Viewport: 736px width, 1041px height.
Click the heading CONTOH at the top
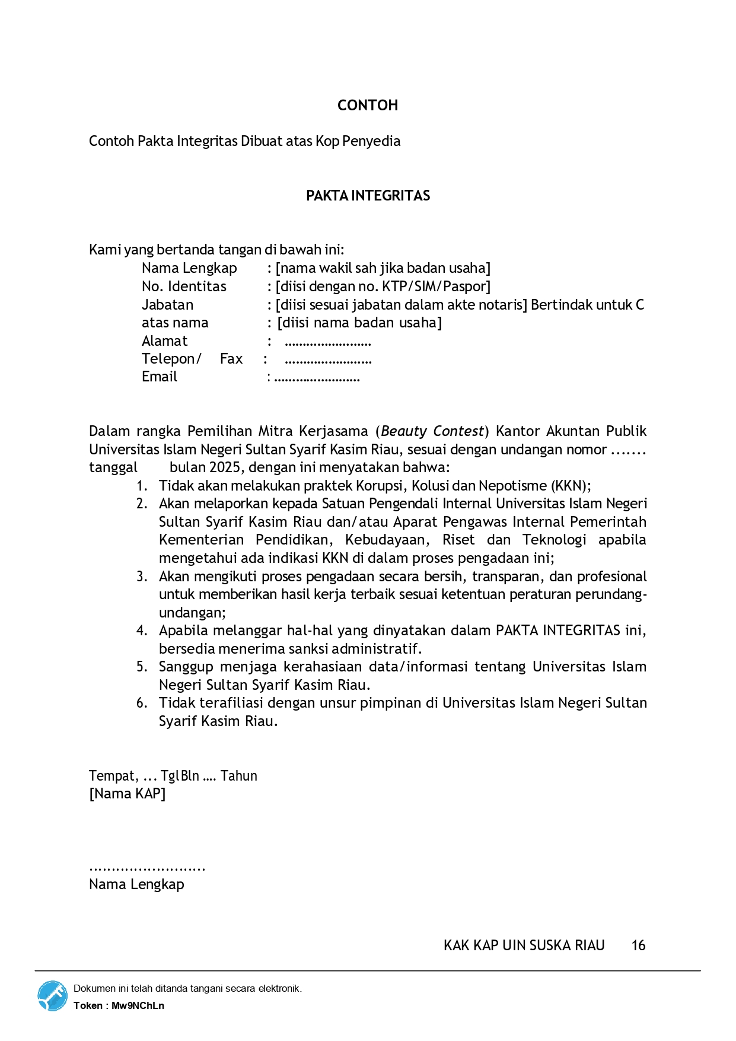(368, 106)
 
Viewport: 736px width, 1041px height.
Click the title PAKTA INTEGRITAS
(368, 196)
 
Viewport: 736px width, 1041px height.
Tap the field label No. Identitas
(184, 286)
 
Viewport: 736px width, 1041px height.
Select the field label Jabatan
(167, 305)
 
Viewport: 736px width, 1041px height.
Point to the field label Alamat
(164, 341)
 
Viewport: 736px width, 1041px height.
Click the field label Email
(159, 377)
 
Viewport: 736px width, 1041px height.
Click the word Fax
(231, 359)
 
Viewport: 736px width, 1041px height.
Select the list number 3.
(141, 577)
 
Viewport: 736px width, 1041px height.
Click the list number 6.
(141, 703)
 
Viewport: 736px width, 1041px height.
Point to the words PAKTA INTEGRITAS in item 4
(557, 631)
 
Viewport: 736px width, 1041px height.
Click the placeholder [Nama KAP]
(127, 794)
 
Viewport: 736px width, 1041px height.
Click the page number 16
(638, 946)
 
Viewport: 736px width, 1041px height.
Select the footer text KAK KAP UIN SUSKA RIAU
(524, 946)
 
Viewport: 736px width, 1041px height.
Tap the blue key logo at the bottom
(52, 996)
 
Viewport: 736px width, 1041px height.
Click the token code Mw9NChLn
(138, 1005)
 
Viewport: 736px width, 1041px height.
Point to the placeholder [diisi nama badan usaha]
(359, 323)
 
